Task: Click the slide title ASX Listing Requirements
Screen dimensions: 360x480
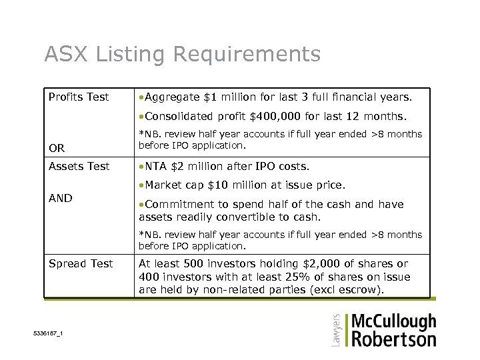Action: [x=182, y=54]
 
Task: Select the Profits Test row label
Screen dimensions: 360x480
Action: [x=79, y=97]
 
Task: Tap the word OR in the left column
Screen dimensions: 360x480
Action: [x=57, y=148]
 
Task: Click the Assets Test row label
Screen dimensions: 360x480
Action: [x=79, y=166]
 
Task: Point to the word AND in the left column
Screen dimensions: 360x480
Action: [x=60, y=198]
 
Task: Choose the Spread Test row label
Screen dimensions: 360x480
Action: [x=81, y=264]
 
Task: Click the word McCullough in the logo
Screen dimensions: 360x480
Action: [x=393, y=323]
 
